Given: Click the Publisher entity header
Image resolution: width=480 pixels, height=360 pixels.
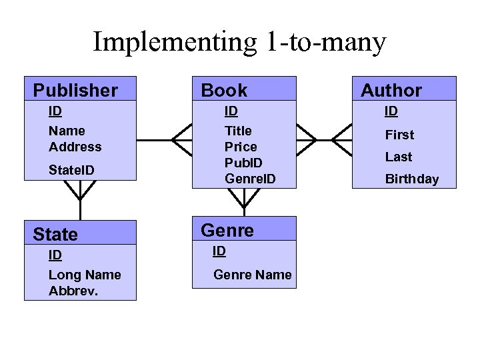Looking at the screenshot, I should coord(75,90).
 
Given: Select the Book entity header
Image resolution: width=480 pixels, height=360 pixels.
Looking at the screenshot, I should coord(224,90).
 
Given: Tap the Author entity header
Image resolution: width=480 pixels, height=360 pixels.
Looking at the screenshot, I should coord(391,90).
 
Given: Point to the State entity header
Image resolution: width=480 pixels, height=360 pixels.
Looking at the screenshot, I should coord(55,234).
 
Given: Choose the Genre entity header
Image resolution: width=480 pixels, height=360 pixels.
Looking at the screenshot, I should coord(227,230).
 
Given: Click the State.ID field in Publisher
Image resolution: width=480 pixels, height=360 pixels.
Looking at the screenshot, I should coord(71,171).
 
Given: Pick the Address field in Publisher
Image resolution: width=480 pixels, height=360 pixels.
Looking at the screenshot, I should coord(75,147).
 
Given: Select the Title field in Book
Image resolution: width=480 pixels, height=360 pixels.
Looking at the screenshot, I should coord(238,131).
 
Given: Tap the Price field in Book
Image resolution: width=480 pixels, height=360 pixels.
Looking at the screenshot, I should coord(241,147).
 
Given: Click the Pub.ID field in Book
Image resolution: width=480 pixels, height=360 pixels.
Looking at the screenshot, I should coord(243,163).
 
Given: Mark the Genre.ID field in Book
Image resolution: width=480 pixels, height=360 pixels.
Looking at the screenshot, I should coord(250,179).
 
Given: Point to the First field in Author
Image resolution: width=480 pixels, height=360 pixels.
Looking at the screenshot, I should coord(399,135).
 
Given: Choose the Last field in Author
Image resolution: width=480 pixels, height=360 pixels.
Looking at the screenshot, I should coord(399,157).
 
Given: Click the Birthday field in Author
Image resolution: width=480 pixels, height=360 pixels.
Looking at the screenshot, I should coord(412,179).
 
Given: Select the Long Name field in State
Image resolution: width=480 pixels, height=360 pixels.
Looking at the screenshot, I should coord(85,275).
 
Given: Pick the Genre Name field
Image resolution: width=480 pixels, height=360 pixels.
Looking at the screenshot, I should coord(253,275).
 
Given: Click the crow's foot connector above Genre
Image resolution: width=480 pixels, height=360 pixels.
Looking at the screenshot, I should coord(244,197).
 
